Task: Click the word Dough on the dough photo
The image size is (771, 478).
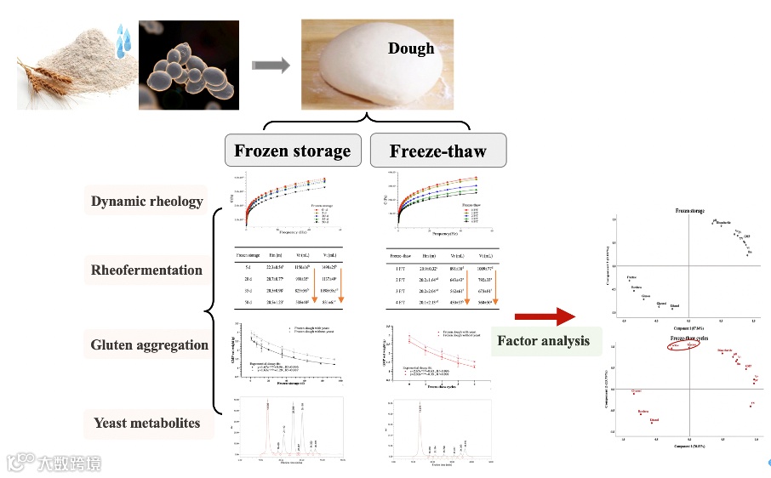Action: click(411, 48)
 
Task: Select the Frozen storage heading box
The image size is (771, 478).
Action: click(293, 151)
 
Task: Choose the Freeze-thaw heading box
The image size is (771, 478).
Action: click(437, 151)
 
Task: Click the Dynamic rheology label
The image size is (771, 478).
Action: click(147, 202)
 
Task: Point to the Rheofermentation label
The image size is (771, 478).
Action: click(147, 270)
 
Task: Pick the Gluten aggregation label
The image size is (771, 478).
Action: click(150, 344)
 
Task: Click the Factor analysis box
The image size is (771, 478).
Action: click(543, 341)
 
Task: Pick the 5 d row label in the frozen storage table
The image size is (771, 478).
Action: click(242, 266)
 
